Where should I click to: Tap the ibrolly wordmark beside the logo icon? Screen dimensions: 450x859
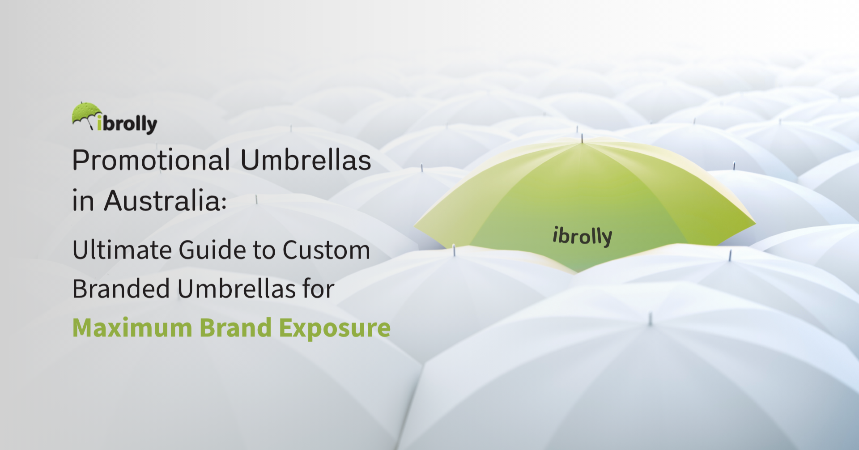[128, 123]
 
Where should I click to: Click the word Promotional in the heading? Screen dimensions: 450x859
[151, 160]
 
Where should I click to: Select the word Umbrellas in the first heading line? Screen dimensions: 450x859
[306, 160]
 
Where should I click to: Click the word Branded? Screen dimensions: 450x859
[121, 289]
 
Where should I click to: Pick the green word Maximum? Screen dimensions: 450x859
[132, 328]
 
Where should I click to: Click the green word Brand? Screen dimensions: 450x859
[235, 328]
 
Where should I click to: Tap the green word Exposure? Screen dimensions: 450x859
[335, 328]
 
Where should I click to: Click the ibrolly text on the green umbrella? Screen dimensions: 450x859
[582, 236]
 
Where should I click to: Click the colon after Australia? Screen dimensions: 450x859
[224, 204]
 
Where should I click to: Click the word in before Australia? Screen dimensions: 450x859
[83, 201]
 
